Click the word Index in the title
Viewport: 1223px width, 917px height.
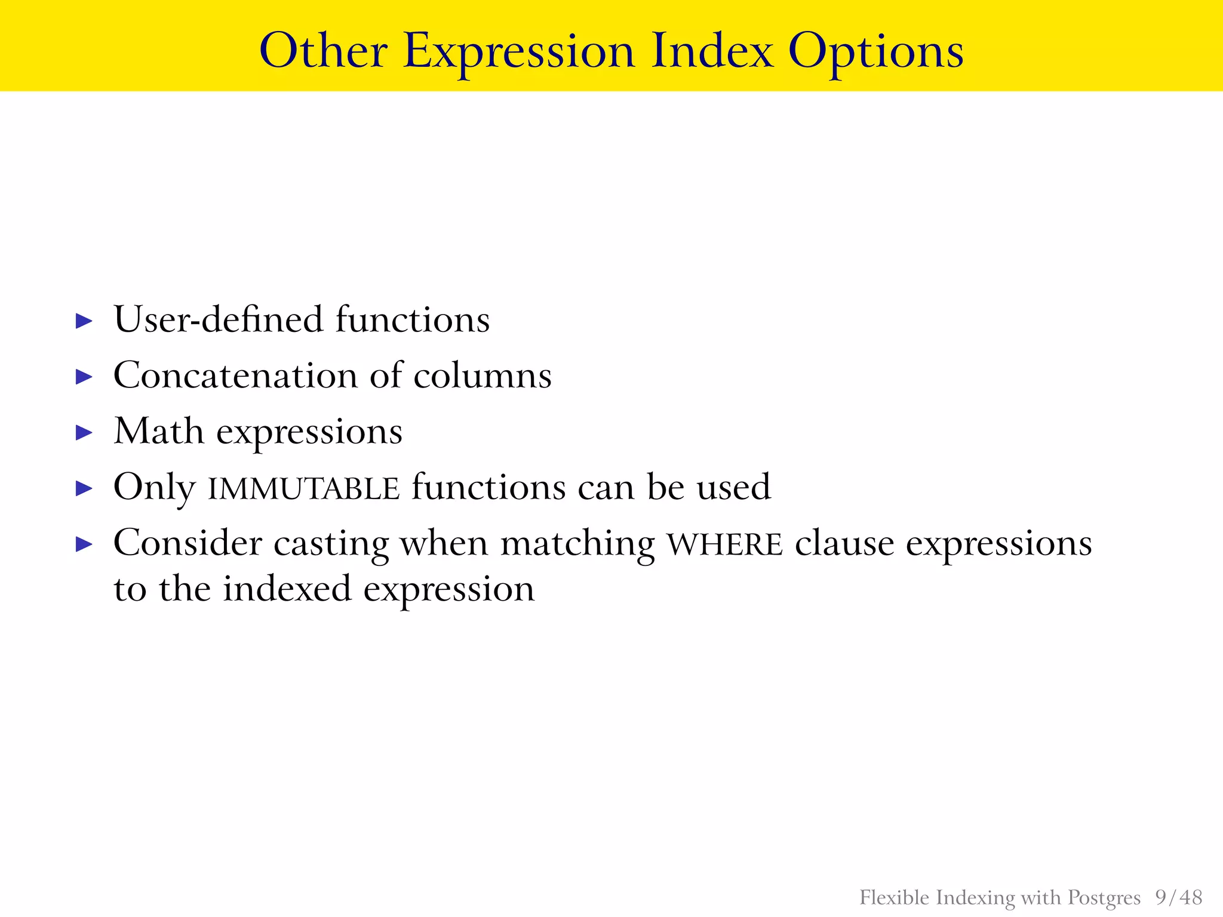click(712, 51)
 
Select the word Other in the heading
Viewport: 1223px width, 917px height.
click(323, 51)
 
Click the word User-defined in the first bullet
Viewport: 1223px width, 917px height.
click(218, 319)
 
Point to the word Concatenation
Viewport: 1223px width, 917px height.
click(235, 376)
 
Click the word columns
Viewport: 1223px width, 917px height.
click(483, 376)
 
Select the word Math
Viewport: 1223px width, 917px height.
click(159, 431)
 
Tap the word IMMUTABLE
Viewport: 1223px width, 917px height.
click(303, 489)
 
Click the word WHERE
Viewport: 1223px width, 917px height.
click(724, 545)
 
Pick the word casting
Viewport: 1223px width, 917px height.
click(330, 545)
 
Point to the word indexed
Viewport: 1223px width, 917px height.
click(287, 589)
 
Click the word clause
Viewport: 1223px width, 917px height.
click(844, 544)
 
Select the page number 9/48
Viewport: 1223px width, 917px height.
click(1178, 897)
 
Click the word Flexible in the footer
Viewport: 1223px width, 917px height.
click(894, 897)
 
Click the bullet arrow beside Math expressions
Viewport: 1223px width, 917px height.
click(85, 433)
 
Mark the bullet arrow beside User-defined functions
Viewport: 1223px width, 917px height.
click(85, 321)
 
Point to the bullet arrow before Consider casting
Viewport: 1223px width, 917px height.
click(85, 544)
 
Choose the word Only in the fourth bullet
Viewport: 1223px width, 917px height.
click(154, 488)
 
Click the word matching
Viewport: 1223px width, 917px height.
click(577, 545)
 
